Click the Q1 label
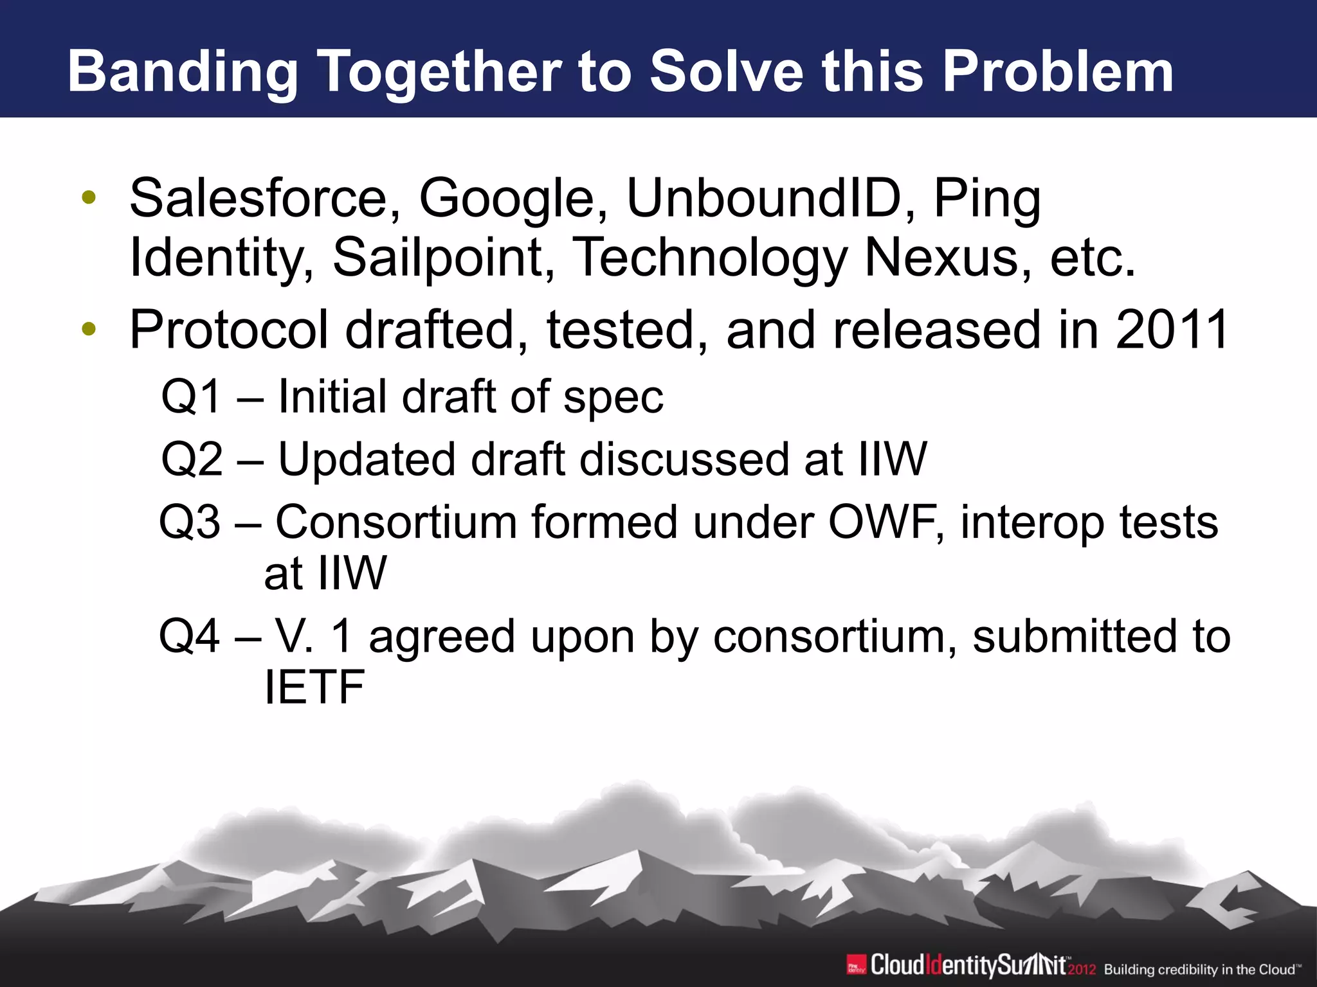[191, 396]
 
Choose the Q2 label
[191, 459]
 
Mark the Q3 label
[190, 522]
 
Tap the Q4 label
[190, 636]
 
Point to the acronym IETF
[314, 687]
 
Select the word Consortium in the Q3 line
[396, 522]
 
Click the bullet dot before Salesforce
[89, 198]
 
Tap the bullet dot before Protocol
[89, 330]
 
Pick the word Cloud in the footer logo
[896, 965]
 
